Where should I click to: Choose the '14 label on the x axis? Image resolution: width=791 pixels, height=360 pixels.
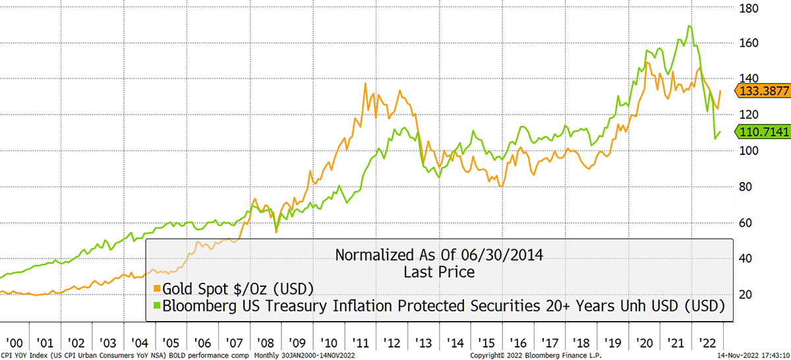[455, 343]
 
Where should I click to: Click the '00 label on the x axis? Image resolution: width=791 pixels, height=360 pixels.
[14, 343]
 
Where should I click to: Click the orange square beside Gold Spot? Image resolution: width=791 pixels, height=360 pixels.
[156, 288]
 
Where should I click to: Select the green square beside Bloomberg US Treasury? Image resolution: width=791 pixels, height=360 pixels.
[156, 306]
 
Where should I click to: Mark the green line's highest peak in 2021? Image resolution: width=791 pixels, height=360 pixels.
[689, 26]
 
